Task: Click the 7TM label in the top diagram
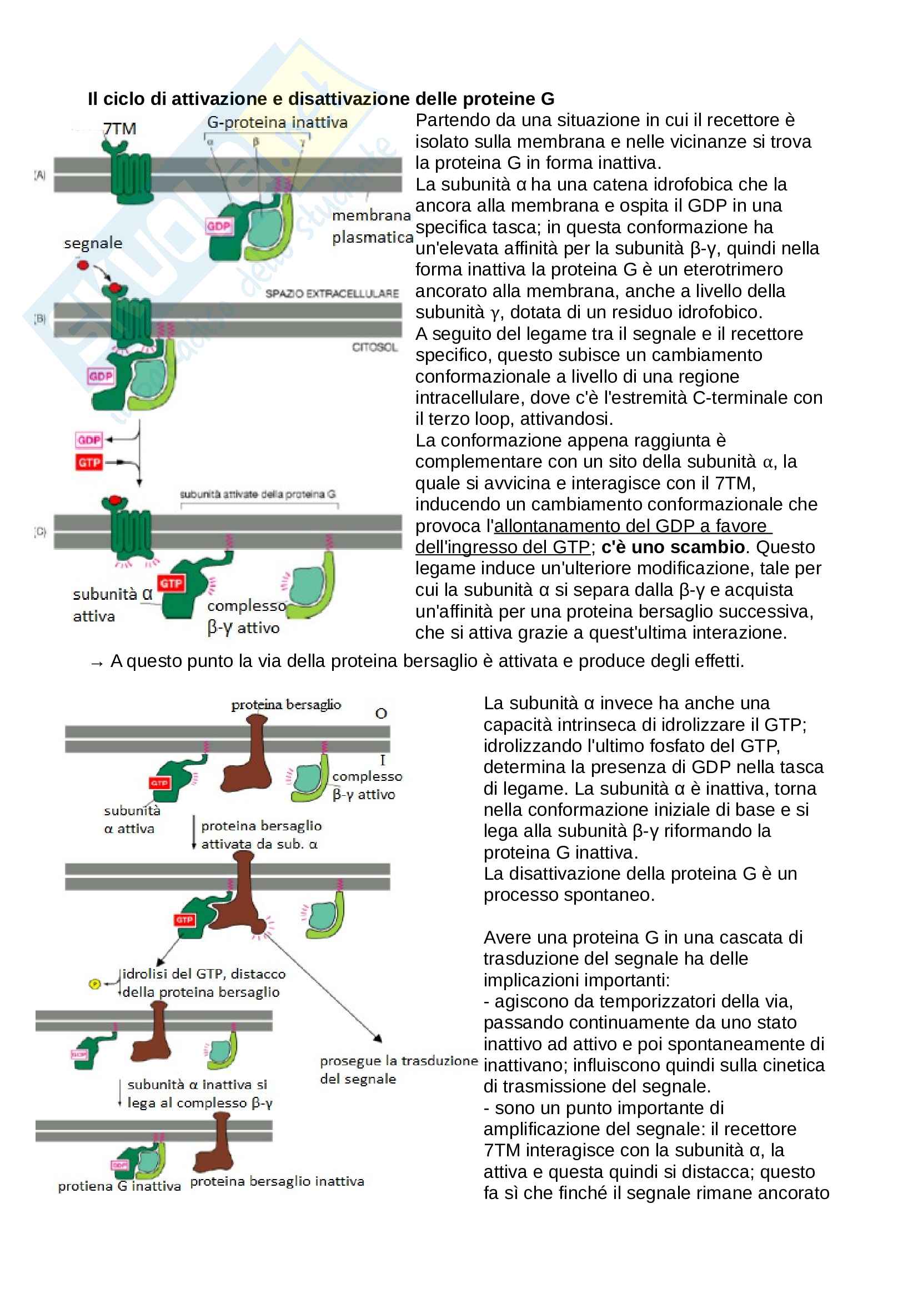pyautogui.click(x=119, y=128)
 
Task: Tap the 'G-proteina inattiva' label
pyautogui.click(x=277, y=122)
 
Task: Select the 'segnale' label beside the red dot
pyautogui.click(x=93, y=243)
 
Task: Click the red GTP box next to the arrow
pyautogui.click(x=89, y=462)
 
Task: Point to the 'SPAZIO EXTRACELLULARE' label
pyautogui.click(x=332, y=294)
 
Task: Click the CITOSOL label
pyautogui.click(x=374, y=347)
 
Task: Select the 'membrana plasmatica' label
pyautogui.click(x=372, y=226)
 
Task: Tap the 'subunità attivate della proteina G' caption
pyautogui.click(x=257, y=494)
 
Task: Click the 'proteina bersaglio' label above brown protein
pyautogui.click(x=285, y=704)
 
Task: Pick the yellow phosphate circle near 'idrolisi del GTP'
pyautogui.click(x=95, y=985)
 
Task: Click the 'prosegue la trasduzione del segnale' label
pyautogui.click(x=398, y=1069)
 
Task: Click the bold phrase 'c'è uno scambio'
pyautogui.click(x=673, y=547)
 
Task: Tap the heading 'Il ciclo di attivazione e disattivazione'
pyautogui.click(x=320, y=99)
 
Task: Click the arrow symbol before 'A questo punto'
pyautogui.click(x=97, y=663)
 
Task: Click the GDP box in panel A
pyautogui.click(x=218, y=226)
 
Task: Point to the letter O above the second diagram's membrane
pyautogui.click(x=381, y=714)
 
